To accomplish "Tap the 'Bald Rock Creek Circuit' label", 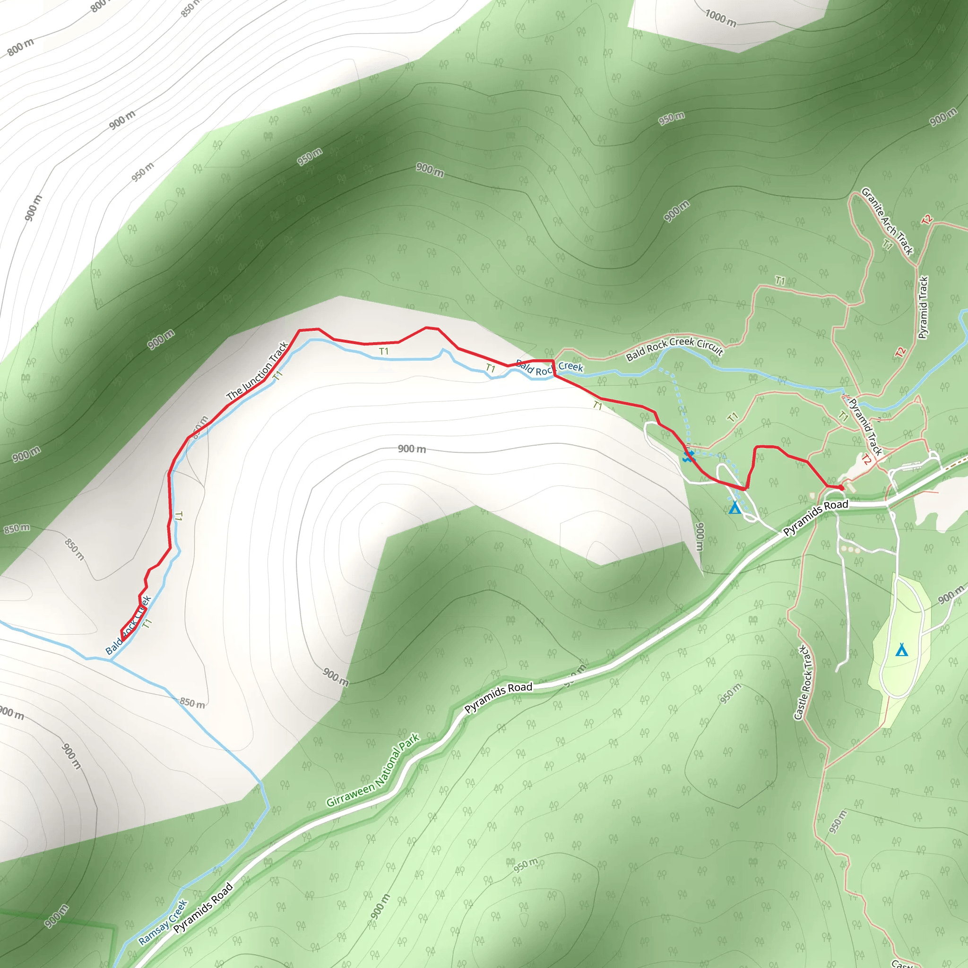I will click(x=674, y=348).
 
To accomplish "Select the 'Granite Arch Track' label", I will click(x=887, y=221).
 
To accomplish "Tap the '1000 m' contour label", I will click(x=720, y=18).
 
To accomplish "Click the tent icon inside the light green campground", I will click(x=901, y=650).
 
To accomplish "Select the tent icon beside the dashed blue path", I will click(x=735, y=508).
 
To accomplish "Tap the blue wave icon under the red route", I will click(x=689, y=456).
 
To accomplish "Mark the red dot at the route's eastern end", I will click(x=841, y=487).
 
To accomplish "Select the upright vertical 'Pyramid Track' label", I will click(x=924, y=307).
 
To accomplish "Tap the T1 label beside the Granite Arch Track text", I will click(x=887, y=245).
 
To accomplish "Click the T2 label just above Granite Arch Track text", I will click(x=927, y=219).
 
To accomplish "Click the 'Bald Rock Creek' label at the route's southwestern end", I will click(x=128, y=625).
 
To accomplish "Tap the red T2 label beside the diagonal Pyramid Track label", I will click(x=866, y=459).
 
